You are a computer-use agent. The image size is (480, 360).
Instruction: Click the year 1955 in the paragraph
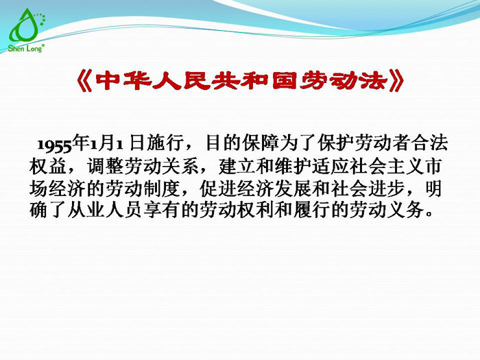(x=55, y=145)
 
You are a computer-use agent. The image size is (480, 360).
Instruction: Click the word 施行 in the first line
(x=163, y=144)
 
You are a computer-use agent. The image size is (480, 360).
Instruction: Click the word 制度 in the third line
(x=178, y=187)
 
